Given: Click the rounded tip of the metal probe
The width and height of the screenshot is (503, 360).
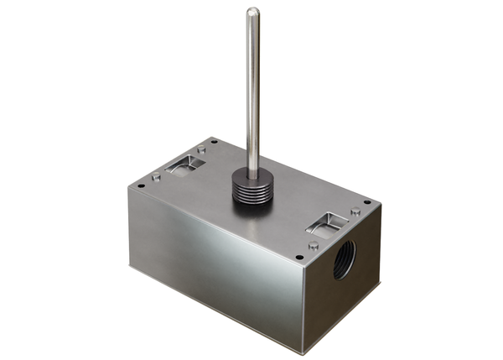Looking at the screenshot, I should pos(252,12).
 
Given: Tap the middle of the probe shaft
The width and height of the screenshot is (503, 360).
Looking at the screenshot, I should pos(252,84).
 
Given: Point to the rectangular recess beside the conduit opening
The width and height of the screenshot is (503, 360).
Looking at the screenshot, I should pos(326,222).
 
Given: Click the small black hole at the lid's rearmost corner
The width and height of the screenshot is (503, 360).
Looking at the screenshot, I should pos(215,141).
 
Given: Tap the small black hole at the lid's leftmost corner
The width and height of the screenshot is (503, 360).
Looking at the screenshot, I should pos(141,185).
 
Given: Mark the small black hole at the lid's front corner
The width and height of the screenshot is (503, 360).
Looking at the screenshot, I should pos(299,257).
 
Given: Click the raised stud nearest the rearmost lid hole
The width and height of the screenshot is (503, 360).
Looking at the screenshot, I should pos(201,149).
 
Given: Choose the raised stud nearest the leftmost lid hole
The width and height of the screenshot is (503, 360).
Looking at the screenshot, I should pos(156,176).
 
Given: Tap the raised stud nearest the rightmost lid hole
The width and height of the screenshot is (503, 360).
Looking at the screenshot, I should pos(355,211).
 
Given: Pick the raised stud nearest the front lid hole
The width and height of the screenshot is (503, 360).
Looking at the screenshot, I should pos(313,246).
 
